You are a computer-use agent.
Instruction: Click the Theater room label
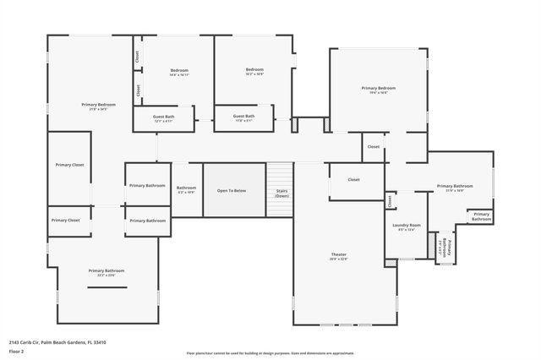pos(338,254)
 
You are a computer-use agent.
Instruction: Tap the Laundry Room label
pos(407,226)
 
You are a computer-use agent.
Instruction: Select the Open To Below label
pos(232,190)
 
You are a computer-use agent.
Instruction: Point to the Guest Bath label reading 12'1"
pos(164,118)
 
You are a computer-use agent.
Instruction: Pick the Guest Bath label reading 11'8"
pos(243,117)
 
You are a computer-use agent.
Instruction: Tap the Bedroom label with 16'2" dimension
pos(254,71)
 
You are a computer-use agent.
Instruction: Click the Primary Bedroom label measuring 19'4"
pos(379,90)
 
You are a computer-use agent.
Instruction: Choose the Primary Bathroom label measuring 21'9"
pos(455,187)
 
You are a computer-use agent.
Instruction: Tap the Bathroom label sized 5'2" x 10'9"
pos(186,190)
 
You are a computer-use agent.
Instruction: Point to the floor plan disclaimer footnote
pos(270,352)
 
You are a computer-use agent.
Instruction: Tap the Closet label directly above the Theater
pos(353,179)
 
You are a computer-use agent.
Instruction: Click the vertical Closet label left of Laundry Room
pos(390,201)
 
